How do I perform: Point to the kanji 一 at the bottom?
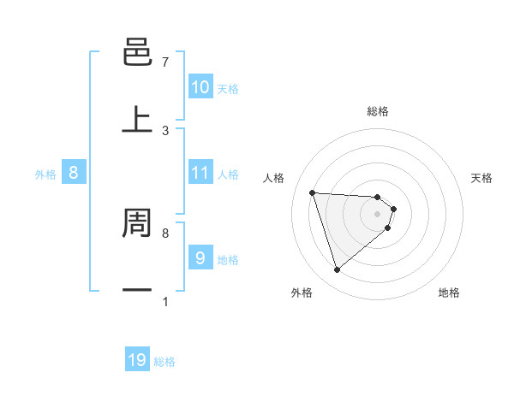pos(137,290)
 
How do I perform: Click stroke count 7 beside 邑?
pos(164,62)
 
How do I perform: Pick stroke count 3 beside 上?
pos(164,131)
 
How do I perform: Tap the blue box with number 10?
pos(200,87)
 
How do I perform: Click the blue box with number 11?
pos(200,173)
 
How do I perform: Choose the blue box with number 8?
pos(74,173)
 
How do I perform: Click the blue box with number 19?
pos(137,360)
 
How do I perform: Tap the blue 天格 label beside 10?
pos(228,88)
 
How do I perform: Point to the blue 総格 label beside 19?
pos(164,362)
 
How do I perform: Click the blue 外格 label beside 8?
pos(45,174)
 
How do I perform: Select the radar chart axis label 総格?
pos(377,111)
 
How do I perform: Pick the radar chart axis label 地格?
pos(449,293)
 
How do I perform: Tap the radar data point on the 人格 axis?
pos(313,192)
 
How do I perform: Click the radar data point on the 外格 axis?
pos(337,270)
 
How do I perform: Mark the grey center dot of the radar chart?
pos(377,214)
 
